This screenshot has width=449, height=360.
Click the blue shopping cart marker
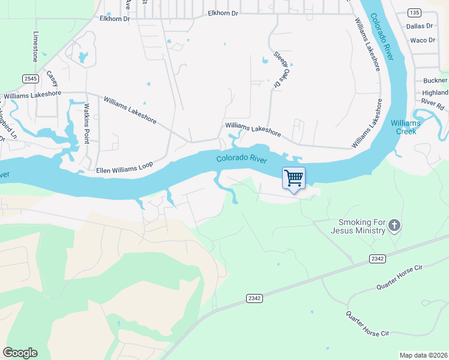point(294,178)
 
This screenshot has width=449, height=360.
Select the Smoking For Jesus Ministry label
point(357,226)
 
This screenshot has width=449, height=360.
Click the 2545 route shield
point(31,79)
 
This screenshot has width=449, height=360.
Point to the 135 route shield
point(413,12)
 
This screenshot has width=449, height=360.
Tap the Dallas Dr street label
point(420,26)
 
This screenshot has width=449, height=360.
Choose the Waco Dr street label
point(422,40)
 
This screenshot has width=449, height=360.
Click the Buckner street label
point(435,80)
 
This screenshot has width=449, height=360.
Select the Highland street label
point(435,93)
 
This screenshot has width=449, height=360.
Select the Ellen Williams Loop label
point(125,167)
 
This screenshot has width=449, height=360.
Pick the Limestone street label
point(35,47)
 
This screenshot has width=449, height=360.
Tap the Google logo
point(20,353)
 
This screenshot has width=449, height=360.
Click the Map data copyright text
point(423,355)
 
